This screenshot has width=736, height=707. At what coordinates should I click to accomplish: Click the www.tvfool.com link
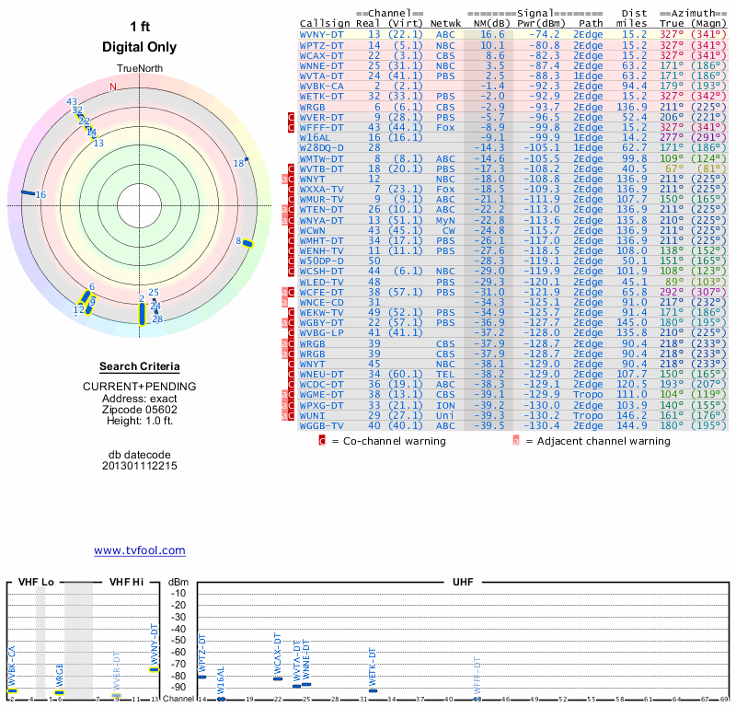tap(139, 551)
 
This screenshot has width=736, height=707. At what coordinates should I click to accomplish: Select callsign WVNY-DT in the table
tap(322, 33)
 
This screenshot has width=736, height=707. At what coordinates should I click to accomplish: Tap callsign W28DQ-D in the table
tap(322, 147)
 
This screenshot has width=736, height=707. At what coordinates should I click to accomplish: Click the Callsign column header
tap(326, 22)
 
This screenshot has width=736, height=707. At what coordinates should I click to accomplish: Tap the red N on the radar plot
tap(113, 87)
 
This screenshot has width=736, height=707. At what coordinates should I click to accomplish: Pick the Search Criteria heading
tap(139, 366)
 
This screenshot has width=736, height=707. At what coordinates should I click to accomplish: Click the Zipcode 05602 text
tap(139, 409)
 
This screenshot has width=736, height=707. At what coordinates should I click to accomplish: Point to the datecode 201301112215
tap(139, 466)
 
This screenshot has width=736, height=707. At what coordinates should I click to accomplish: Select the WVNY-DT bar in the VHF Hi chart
tap(155, 669)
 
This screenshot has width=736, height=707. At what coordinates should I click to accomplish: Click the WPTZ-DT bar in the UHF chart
tap(201, 677)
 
